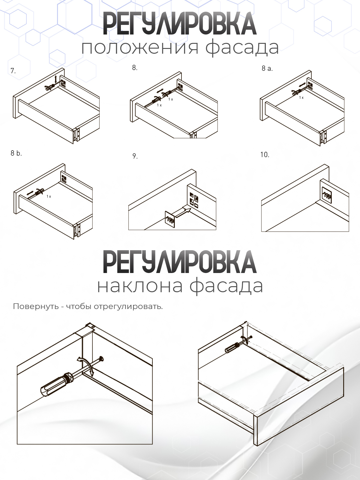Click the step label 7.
13,71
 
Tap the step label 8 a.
267,68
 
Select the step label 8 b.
16,153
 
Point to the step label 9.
135,156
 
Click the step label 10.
265,155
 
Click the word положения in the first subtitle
140,47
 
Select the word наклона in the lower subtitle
140,286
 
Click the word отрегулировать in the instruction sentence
128,307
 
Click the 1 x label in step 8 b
49,196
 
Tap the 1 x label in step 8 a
301,97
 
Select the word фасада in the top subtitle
242,47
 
